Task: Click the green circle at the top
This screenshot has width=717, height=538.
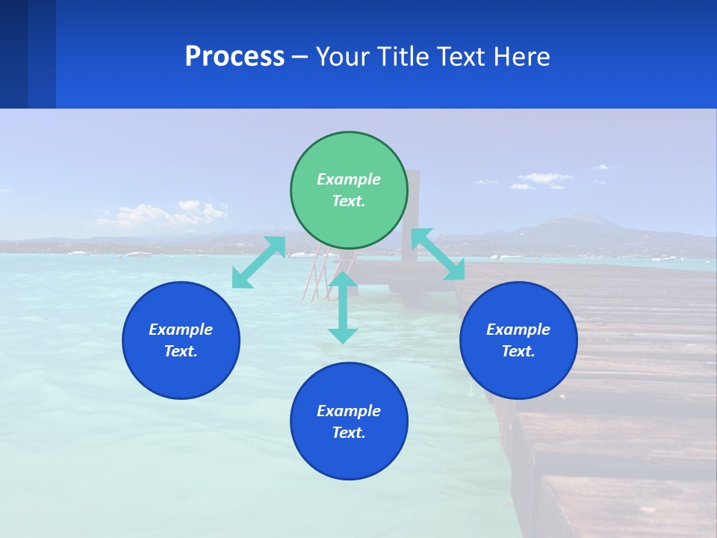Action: pos(349,190)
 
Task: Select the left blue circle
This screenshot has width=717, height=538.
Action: pos(181,340)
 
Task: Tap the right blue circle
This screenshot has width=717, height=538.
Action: pos(518,340)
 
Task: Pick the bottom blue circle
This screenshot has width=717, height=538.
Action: pos(349,421)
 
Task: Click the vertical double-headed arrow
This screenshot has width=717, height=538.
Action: pos(343,307)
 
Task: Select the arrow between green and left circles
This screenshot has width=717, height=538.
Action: pos(258,262)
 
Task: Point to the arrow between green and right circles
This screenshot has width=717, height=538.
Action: pos(438,254)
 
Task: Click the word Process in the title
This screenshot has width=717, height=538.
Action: pos(235,56)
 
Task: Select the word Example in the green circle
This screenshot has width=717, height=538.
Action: pos(349,179)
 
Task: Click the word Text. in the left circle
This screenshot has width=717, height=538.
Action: pos(181,351)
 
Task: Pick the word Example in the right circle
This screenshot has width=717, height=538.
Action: pos(518,330)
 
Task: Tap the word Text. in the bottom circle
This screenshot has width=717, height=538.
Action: pos(349,433)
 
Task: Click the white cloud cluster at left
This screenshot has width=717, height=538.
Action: pos(161,215)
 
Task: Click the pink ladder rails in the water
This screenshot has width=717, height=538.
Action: pos(317,273)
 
